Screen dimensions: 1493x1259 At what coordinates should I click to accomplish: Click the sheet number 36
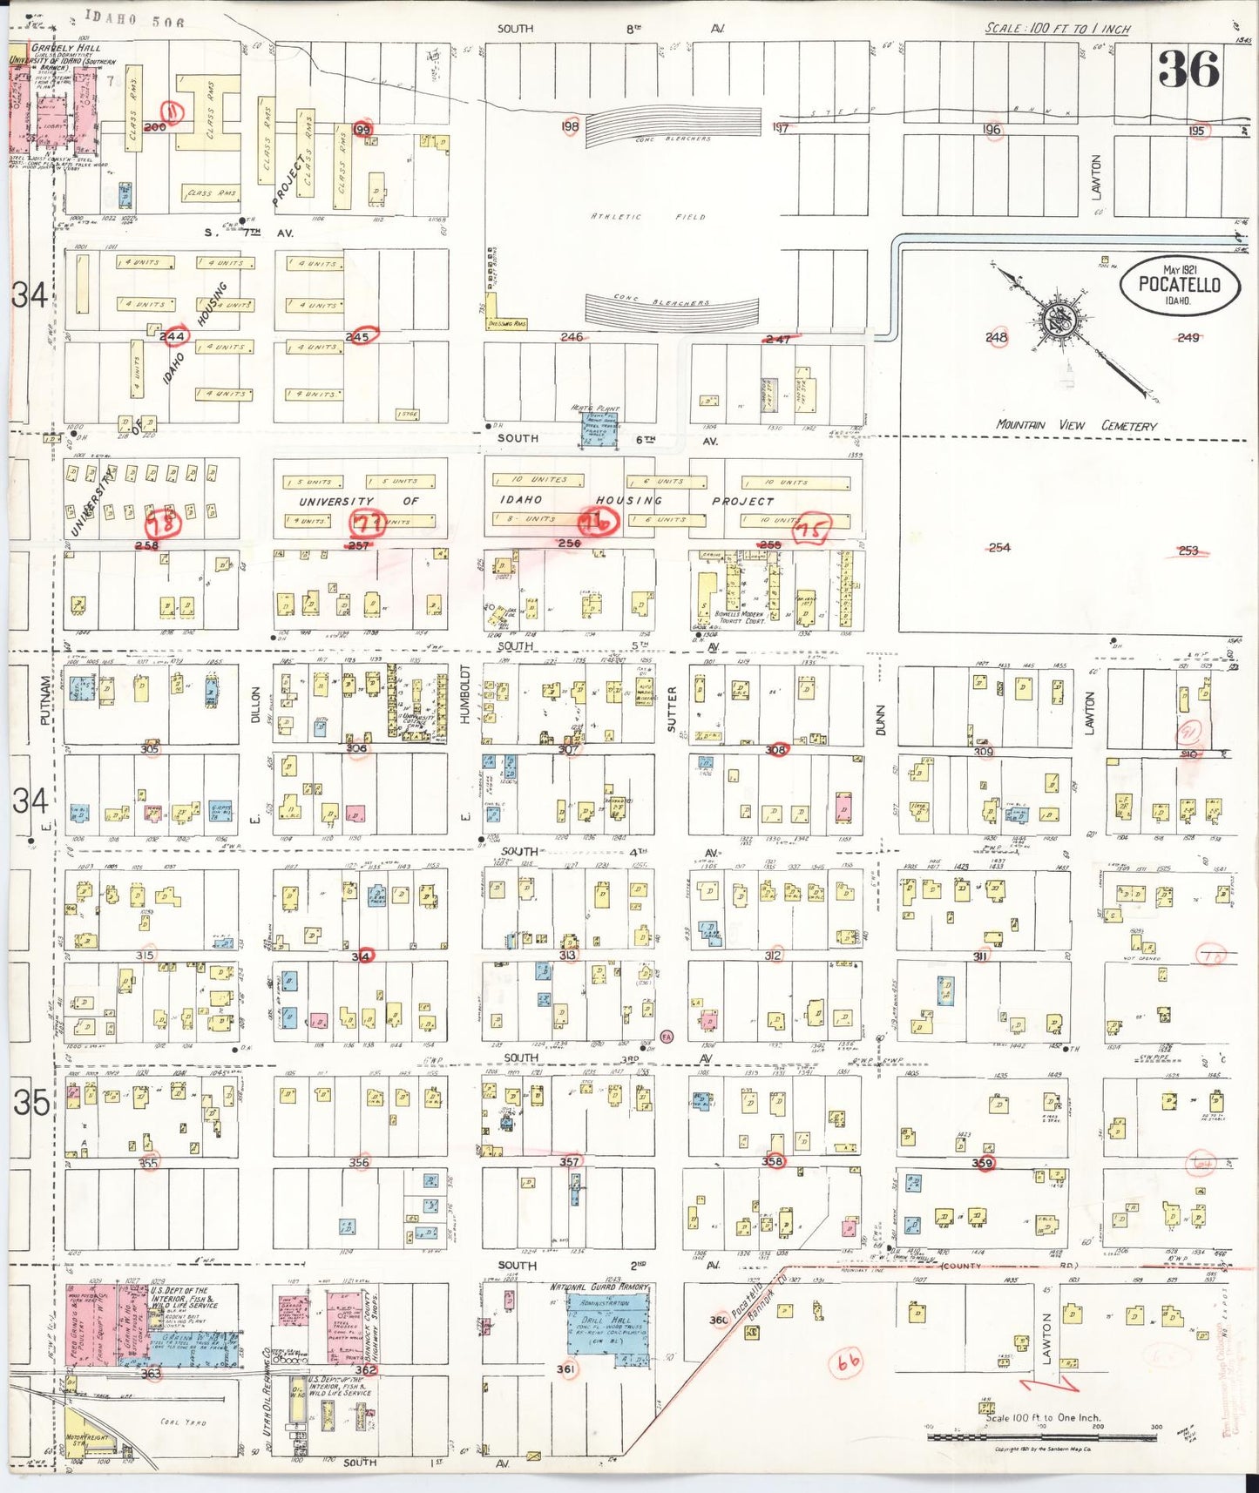[1188, 69]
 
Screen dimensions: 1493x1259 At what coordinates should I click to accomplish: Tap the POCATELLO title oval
[1180, 286]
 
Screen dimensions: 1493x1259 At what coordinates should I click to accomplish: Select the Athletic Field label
[646, 217]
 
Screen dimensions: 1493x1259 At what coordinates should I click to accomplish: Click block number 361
[565, 1369]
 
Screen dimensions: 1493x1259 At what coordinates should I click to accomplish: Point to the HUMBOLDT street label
[464, 694]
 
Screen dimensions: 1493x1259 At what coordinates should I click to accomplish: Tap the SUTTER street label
[672, 707]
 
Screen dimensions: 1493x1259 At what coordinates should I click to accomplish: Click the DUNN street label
[880, 719]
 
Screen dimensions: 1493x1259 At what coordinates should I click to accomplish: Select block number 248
[996, 338]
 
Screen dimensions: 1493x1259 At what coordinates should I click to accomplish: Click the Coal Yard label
[183, 1422]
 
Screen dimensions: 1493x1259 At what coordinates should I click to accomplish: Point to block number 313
[567, 956]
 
